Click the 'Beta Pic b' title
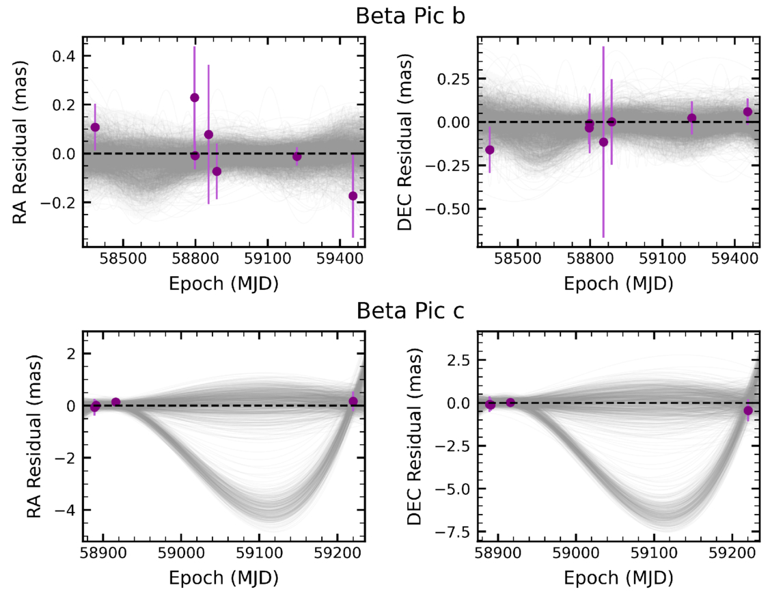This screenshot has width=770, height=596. pos(411,16)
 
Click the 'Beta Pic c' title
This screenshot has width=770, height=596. pos(411,311)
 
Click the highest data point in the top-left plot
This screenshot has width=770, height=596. pos(195,98)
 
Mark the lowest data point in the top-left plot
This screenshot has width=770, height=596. pos(353,196)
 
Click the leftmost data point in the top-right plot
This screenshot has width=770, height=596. pos(489,150)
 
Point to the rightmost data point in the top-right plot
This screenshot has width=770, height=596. pos(747,111)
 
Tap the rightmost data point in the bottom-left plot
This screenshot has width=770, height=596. pos(353,401)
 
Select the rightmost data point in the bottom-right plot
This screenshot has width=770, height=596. pos(748,411)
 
